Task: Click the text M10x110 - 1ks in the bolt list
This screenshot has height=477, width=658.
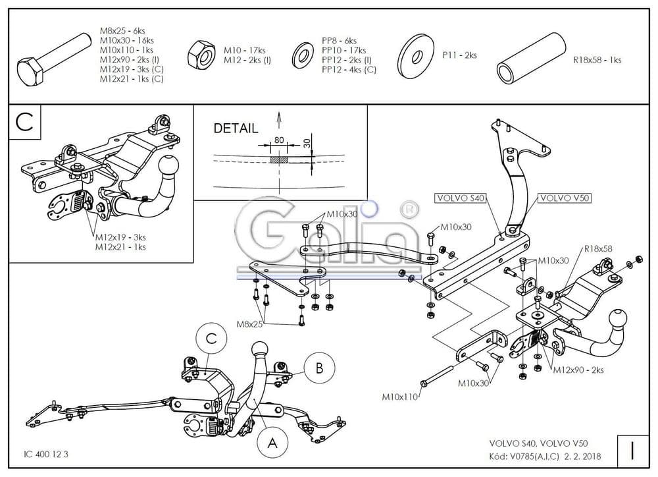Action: click(x=126, y=49)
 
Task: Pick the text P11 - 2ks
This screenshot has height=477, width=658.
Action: click(x=460, y=55)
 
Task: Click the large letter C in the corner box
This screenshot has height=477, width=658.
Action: click(x=24, y=122)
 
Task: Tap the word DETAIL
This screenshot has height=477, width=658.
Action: click(x=236, y=128)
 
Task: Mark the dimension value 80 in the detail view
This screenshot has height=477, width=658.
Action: click(x=279, y=140)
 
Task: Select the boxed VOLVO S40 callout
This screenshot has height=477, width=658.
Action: click(x=461, y=198)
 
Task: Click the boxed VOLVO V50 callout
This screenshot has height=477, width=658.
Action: click(x=565, y=198)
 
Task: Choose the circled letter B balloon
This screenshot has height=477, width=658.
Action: click(x=319, y=368)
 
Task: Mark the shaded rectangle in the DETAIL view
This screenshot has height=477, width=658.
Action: click(x=279, y=159)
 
